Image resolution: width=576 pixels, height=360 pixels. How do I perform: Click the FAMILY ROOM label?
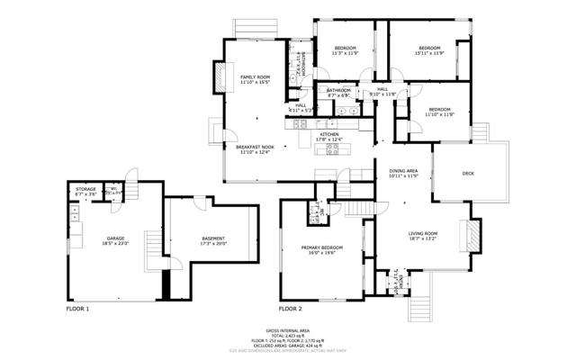pyautogui.click(x=255, y=79)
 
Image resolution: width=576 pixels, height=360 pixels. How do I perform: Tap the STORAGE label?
pyautogui.click(x=85, y=191)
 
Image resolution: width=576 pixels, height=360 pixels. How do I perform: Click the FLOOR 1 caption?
pyautogui.click(x=78, y=309)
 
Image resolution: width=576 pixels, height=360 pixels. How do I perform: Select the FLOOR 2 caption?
pyautogui.click(x=290, y=309)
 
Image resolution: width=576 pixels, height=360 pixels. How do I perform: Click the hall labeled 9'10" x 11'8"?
pyautogui.click(x=382, y=92)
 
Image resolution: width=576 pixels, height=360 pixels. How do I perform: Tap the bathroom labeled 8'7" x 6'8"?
pyautogui.click(x=338, y=93)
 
